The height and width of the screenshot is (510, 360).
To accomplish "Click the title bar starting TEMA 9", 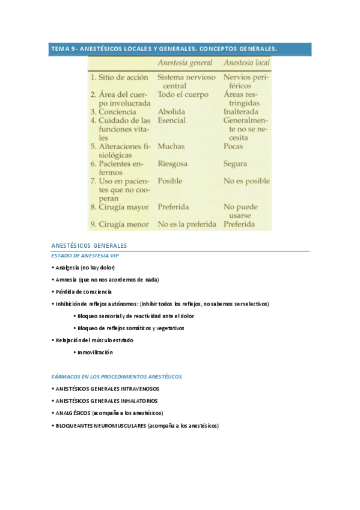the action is point(163,49).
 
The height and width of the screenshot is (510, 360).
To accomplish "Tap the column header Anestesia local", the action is point(246,63).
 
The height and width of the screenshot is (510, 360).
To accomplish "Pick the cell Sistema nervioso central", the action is point(186,82).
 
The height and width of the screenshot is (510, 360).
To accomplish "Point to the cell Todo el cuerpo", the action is point(183,94).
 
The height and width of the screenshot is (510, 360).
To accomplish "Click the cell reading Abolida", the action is point(171,112).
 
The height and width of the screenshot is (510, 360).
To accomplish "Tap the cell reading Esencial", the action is point(172,120).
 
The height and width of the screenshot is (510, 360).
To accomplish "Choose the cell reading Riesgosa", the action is point(172,164).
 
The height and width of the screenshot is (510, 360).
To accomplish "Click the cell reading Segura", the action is point(236,164).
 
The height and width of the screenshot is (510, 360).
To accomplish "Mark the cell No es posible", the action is point(246,181).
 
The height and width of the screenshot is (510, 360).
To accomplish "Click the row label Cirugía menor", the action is point(118,224).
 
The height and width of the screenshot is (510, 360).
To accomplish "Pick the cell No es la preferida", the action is point(187,224).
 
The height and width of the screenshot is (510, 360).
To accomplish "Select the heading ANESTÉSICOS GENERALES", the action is point(89,246).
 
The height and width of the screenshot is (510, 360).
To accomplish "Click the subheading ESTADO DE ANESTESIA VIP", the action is point(85,256).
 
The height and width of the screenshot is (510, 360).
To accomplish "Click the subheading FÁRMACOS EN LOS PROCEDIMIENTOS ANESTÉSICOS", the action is point(117,376).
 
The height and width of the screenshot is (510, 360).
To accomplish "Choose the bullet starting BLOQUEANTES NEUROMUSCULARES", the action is point(137,426).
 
